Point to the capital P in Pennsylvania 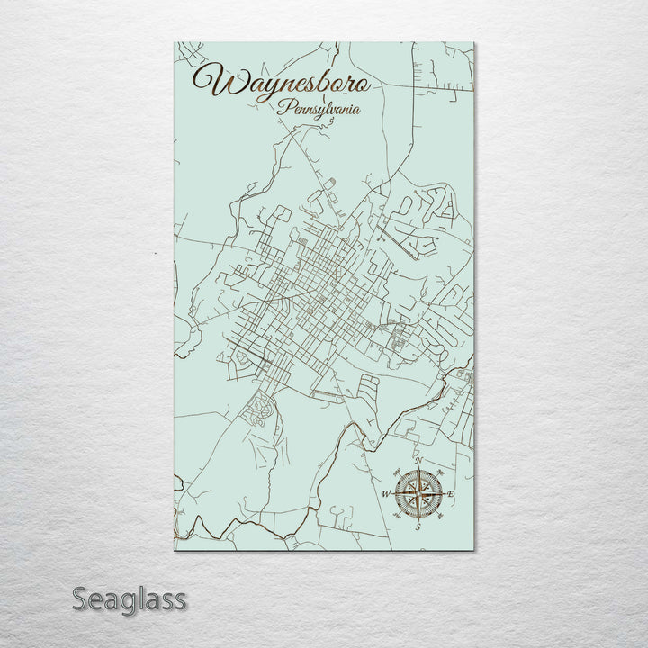284,108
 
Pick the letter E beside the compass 450,495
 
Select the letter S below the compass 418,528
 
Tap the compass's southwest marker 396,516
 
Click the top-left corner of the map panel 175,42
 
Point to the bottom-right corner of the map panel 474,550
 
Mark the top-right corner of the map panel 474,42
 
